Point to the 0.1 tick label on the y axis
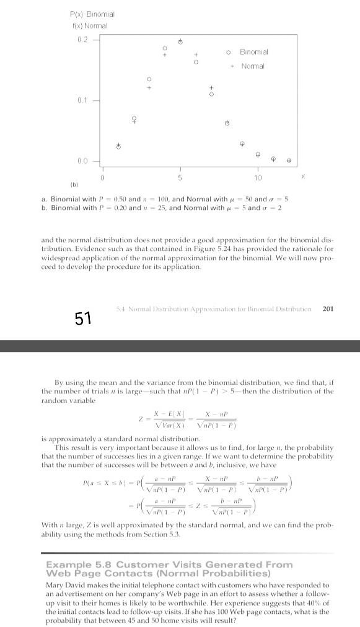[82, 100]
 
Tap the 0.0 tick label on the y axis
[82, 160]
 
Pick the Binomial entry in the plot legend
[254, 53]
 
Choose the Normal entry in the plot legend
[253, 66]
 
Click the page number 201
[328, 308]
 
